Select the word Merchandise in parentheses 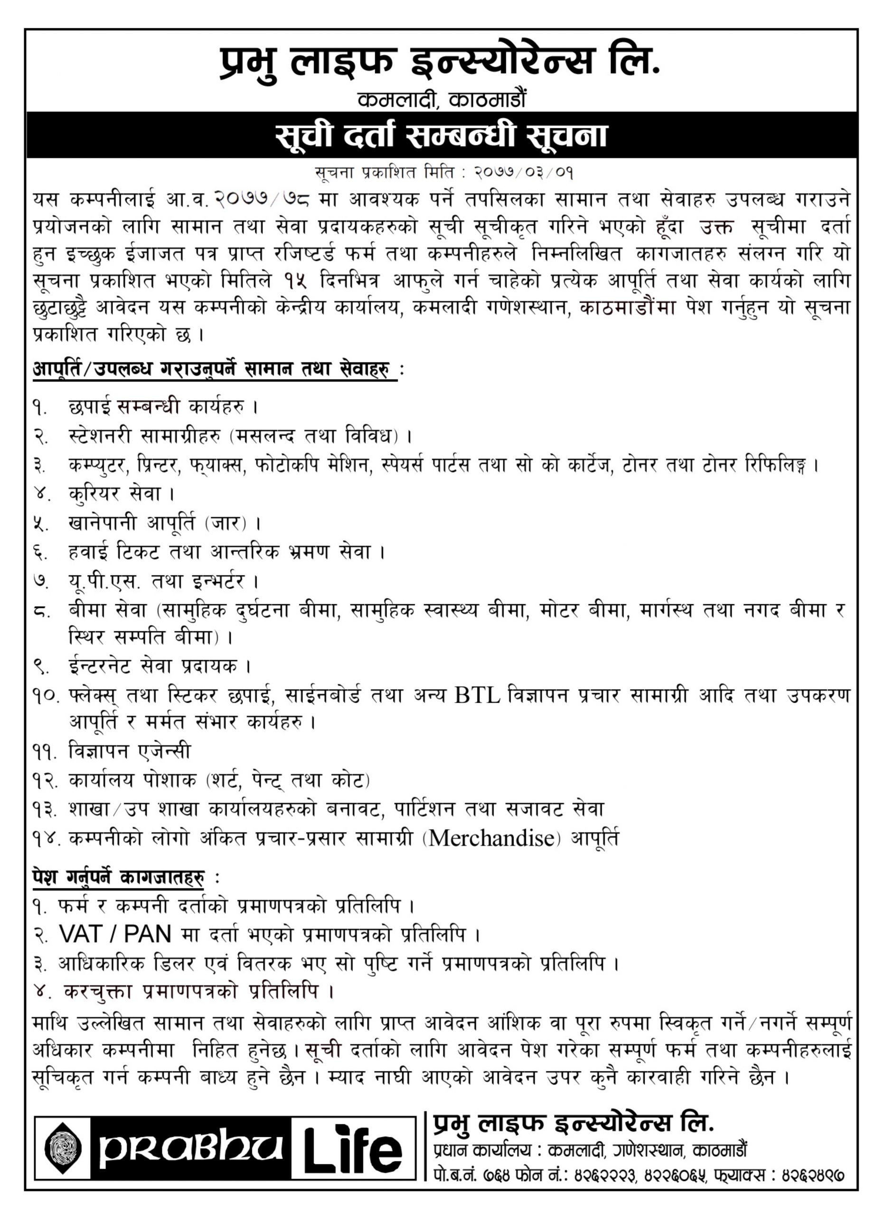point(491,837)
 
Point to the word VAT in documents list point(80,935)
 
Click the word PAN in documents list point(147,935)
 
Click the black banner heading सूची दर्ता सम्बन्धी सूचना point(442,136)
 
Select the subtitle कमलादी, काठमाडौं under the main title point(442,100)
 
